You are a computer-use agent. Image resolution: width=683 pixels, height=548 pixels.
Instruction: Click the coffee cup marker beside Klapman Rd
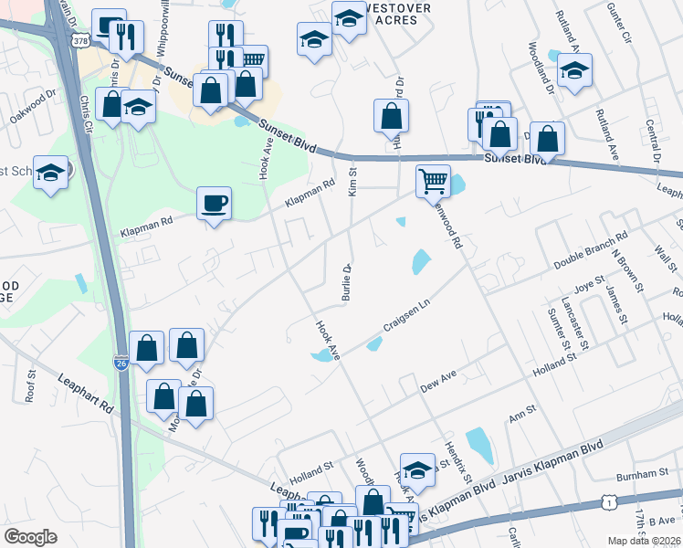click(214, 203)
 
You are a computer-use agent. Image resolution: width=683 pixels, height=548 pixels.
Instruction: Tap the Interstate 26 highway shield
click(121, 364)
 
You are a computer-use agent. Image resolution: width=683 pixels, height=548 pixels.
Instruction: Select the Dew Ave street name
click(437, 381)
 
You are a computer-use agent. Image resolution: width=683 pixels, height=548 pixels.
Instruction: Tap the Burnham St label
click(643, 475)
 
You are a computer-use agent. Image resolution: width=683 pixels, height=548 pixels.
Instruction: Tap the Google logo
click(31, 536)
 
